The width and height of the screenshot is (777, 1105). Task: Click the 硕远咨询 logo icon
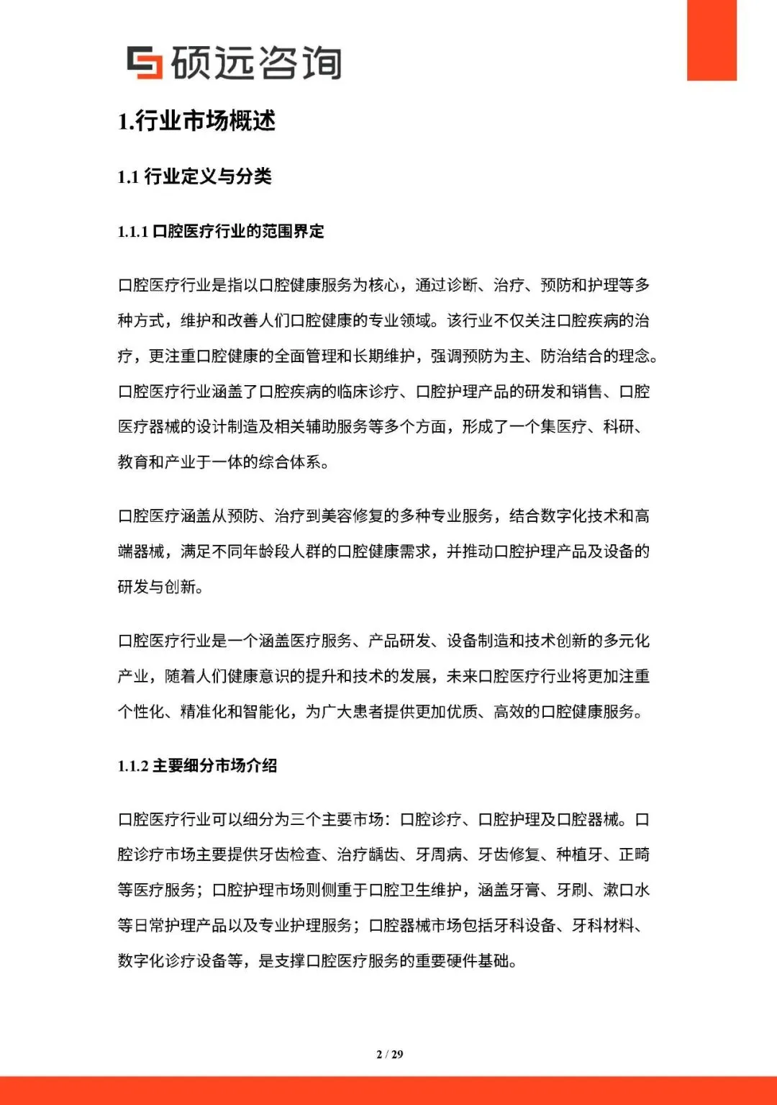(145, 63)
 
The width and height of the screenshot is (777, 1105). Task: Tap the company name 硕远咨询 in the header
(256, 63)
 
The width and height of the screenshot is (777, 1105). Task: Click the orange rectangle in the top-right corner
(712, 40)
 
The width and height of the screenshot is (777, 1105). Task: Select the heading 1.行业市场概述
(196, 121)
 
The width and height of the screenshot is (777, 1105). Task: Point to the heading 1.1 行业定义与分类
(194, 176)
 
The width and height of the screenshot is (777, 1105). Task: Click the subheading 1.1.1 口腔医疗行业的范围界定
(221, 231)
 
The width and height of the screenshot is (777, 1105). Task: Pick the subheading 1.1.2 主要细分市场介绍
(197, 765)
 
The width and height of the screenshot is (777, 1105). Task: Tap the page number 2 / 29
(389, 1054)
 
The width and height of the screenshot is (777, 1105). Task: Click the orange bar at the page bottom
(388, 1091)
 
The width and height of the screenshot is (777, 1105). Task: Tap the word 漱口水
(626, 890)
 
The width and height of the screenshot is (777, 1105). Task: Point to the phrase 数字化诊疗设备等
(180, 960)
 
